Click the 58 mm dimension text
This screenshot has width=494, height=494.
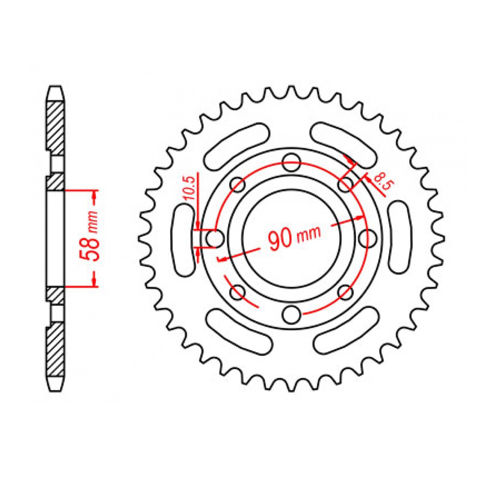coord(91,236)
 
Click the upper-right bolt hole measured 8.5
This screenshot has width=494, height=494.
coord(345,184)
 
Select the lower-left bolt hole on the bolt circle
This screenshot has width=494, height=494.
coord(237,292)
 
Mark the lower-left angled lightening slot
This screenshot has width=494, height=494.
coord(239,332)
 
